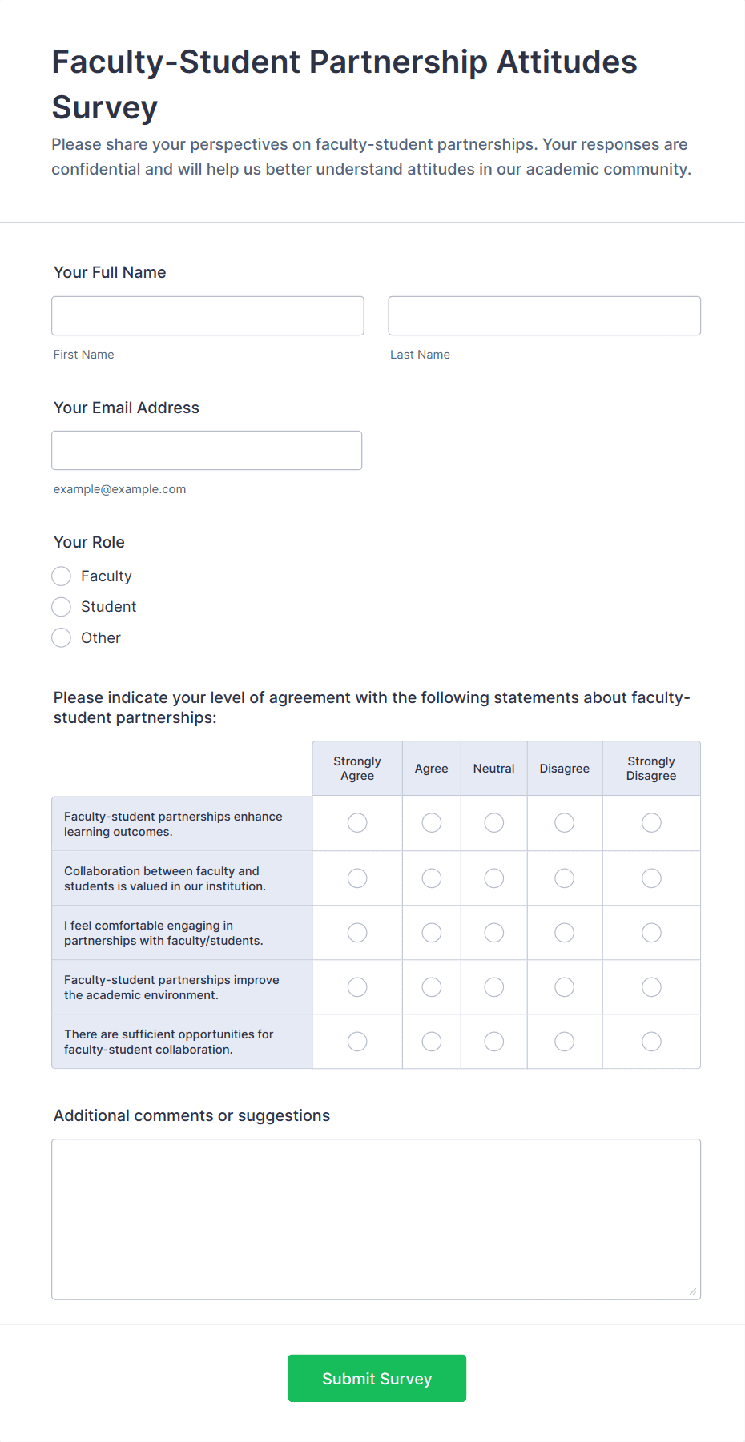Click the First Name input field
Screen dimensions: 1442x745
tap(207, 315)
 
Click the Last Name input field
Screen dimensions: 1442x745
tap(544, 315)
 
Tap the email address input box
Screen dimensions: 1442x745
tap(207, 450)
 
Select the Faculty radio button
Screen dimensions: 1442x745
tap(62, 576)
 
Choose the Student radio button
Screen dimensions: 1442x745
tap(62, 607)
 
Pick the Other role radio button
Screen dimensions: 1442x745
tap(62, 638)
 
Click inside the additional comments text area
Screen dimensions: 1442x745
tap(376, 1219)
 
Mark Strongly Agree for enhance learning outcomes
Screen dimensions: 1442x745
tap(357, 823)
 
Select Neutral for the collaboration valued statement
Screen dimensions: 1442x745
tap(494, 878)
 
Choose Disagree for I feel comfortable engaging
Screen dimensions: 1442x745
tap(565, 933)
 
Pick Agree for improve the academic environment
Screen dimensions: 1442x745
tap(432, 987)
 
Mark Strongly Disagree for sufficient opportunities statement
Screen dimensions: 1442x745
tap(651, 1042)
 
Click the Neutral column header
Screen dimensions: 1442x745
tap(493, 769)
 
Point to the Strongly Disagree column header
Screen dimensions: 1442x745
tap(651, 769)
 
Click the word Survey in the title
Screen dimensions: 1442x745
tap(105, 108)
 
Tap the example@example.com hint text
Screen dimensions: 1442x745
tap(119, 489)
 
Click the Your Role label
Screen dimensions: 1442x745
tap(89, 542)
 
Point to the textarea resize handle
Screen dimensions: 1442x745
tap(692, 1291)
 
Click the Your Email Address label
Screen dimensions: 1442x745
tap(127, 408)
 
